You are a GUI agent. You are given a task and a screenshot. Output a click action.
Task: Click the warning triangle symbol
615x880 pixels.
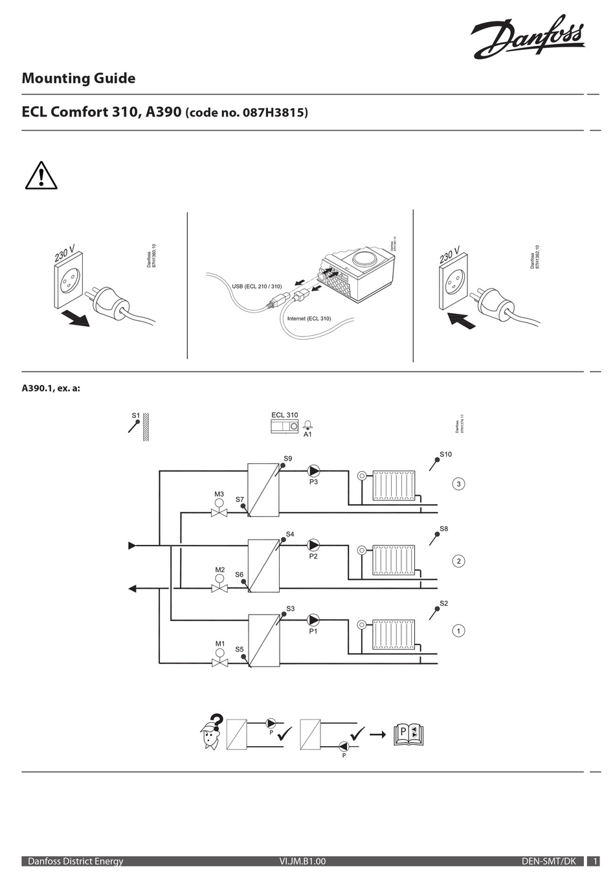coord(41,176)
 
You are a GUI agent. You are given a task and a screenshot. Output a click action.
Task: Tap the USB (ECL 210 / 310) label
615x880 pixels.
coord(257,286)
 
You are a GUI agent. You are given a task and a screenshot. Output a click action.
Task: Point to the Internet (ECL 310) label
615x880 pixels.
coord(309,318)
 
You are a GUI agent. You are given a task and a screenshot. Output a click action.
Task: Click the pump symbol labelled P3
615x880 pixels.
coord(313,471)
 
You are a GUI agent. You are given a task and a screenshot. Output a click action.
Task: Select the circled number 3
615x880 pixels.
coord(459,484)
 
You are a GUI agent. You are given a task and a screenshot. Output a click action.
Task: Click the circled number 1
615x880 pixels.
coord(458,630)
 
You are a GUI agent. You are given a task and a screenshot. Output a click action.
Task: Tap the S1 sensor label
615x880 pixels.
coord(136,415)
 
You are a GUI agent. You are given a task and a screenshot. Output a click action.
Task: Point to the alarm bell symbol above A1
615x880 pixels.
coord(308,424)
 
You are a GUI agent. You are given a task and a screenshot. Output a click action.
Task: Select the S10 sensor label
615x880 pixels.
coord(446,454)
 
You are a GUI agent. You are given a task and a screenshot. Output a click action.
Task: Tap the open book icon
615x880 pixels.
coord(408,734)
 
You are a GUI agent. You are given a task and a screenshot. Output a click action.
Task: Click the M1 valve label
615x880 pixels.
coord(220,644)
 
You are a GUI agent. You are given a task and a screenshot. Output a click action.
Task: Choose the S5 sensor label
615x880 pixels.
coord(240,649)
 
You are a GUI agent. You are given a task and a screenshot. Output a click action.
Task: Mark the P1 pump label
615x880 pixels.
coord(313,631)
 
